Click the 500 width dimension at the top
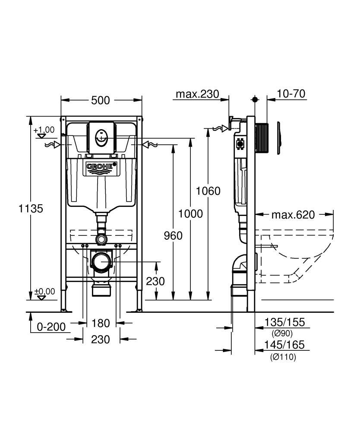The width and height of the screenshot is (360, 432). point(100,101)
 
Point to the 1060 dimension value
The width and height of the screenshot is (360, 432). point(208,191)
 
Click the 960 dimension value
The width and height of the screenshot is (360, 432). point(173,235)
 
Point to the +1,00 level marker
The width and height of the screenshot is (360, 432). point(44,130)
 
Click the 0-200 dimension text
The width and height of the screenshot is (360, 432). point(51,327)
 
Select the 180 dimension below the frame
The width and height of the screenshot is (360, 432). point(101,323)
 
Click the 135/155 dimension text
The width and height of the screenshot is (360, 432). point(285,322)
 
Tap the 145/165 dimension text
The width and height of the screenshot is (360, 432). point(285,345)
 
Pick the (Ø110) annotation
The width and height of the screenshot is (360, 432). point(283,357)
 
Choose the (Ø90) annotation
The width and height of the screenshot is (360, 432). point(283,334)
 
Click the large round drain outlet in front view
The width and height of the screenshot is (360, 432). point(101,262)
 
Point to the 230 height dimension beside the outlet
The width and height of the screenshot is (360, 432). point(155,281)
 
